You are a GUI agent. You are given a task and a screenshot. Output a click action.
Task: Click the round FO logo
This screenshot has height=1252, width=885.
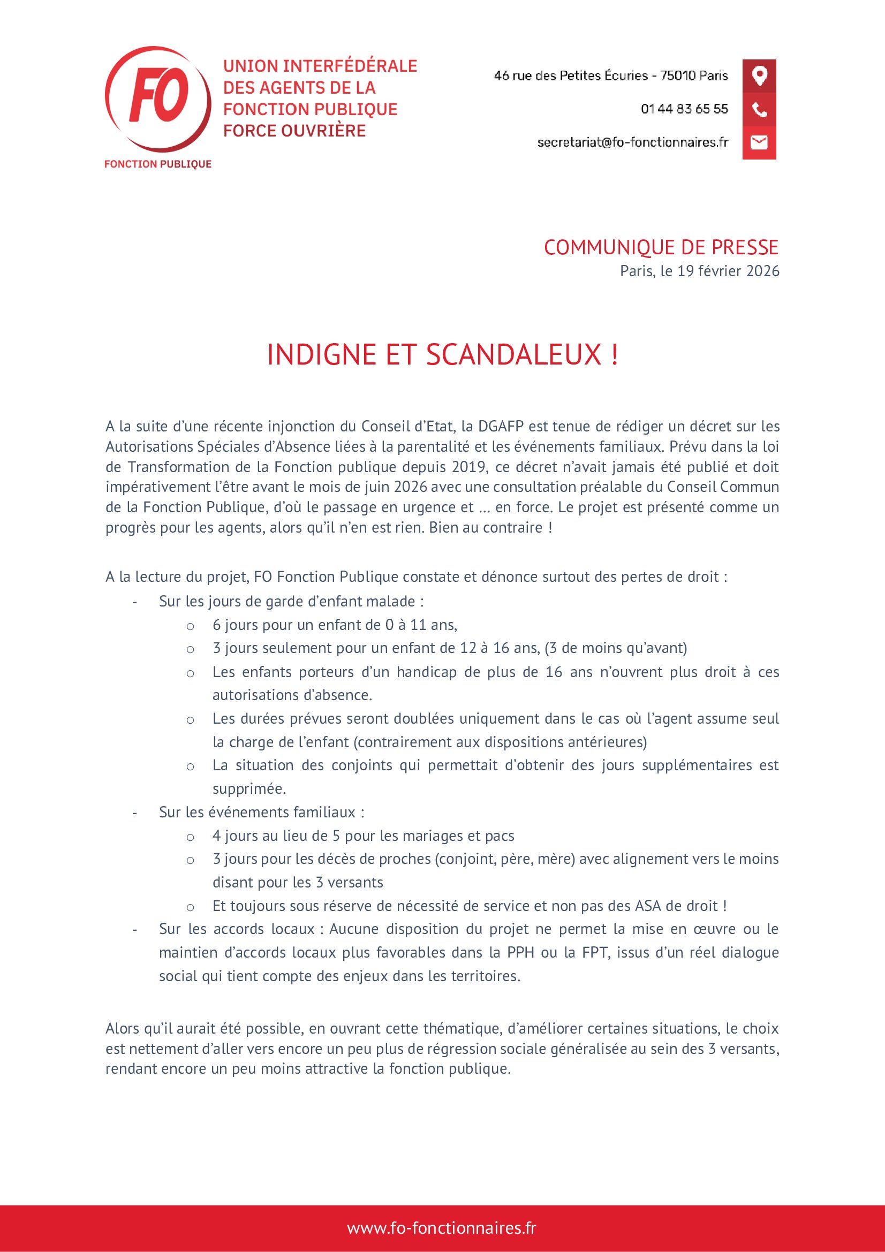157,98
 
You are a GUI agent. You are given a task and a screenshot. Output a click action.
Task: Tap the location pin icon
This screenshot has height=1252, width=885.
759,75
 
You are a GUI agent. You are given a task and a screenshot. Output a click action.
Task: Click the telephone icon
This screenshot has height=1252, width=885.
759,109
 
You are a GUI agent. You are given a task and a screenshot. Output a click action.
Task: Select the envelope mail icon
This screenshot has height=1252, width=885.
759,142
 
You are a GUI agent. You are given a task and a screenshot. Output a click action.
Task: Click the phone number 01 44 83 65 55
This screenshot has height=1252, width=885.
684,109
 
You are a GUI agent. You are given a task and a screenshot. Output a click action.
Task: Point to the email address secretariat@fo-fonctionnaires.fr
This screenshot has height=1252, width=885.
632,142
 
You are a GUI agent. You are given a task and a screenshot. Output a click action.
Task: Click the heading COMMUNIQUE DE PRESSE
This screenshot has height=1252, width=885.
661,248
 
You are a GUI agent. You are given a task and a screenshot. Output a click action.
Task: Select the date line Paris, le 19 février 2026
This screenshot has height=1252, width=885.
699,271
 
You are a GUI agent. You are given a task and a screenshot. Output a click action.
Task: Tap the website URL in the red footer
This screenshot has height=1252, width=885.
442,1228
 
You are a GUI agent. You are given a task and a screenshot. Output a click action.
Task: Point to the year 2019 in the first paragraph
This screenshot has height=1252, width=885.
469,467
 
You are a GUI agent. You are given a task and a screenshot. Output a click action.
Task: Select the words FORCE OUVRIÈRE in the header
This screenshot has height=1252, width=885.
294,131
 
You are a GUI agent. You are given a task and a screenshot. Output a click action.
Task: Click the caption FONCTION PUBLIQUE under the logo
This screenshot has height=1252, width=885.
157,164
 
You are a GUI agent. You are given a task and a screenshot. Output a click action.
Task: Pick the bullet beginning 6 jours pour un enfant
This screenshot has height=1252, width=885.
335,625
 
